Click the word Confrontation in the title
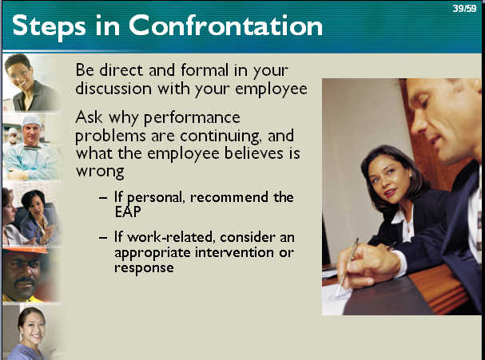pos(225,26)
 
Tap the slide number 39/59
pos(464,8)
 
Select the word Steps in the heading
pos(49,27)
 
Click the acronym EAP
pos(128,212)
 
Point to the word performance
pos(192,118)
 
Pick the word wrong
pos(100,172)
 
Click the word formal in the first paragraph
pos(204,69)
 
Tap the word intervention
pos(234,252)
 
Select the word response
pos(144,268)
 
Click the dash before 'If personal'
pos(103,197)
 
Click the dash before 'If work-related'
pos(103,237)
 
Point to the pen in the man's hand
pos(348,267)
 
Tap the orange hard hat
pos(25,250)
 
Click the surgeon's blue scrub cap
pos(31,121)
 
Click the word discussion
pos(113,89)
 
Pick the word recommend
pos(229,197)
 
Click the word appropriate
pos(153,253)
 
